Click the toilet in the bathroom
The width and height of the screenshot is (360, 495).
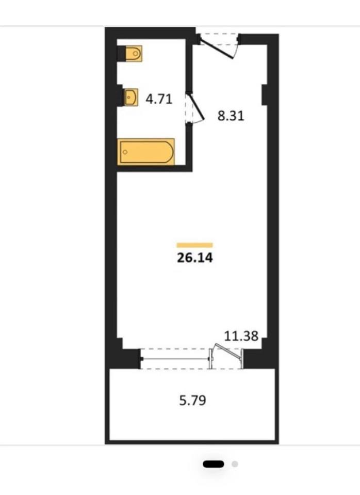tap(134, 53)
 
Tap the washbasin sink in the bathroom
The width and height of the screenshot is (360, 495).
tap(131, 97)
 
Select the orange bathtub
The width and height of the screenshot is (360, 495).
tap(146, 152)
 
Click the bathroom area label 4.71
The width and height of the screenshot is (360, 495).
tap(159, 99)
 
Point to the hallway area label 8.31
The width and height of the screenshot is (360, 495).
tap(231, 116)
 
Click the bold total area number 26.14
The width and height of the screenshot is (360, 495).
tap(195, 258)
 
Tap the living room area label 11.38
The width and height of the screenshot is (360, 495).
tap(241, 336)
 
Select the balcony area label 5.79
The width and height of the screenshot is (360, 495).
tap(193, 401)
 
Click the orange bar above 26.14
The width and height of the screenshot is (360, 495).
tap(194, 245)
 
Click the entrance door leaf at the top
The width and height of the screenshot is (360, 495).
tap(218, 49)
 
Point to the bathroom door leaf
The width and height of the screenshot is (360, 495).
tap(197, 106)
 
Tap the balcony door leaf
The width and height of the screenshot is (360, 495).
tap(228, 350)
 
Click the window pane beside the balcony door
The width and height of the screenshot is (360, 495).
tap(175, 359)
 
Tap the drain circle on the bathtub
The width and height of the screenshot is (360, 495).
tap(125, 152)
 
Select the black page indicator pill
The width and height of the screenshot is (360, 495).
tap(214, 464)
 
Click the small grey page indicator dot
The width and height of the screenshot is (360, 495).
tap(235, 464)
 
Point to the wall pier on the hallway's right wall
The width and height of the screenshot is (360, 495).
tap(265, 94)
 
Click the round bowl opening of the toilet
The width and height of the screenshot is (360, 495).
tap(136, 53)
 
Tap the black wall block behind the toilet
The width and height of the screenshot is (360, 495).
tap(122, 54)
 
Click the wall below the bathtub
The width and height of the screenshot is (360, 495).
tap(154, 168)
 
